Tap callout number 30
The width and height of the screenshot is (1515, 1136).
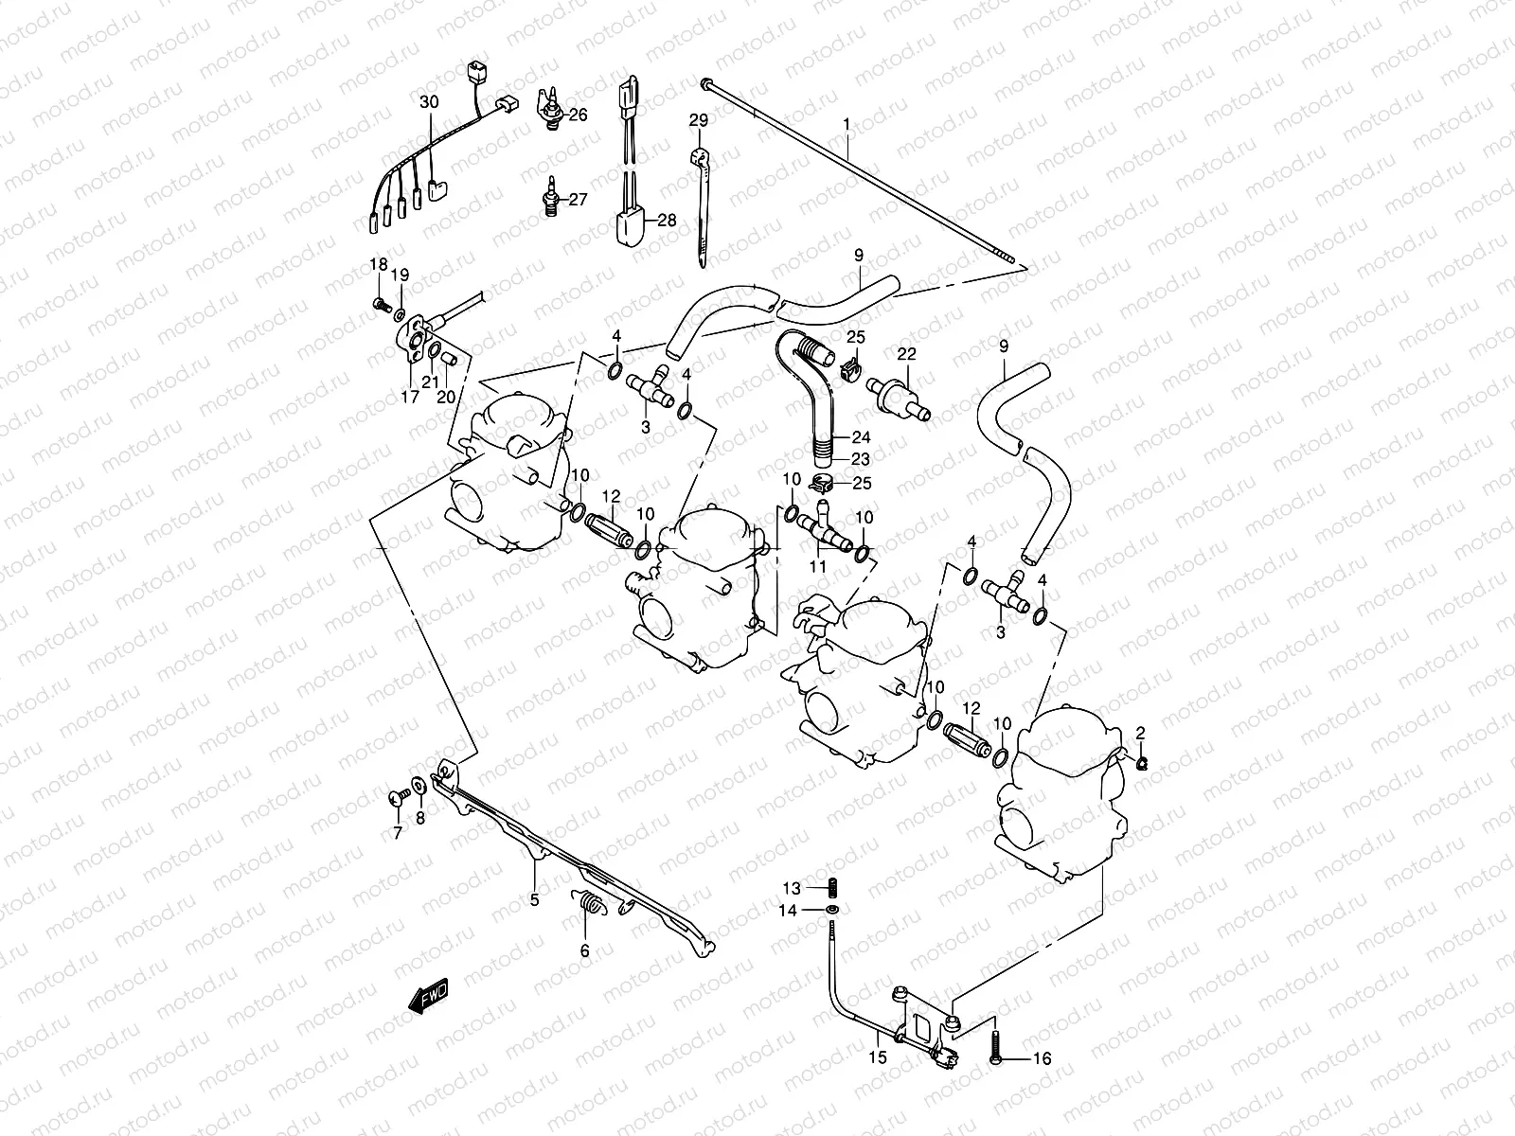430,101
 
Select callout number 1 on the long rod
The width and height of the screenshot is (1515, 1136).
847,124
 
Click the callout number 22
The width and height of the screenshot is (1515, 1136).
907,353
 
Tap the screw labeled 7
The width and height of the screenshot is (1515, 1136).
397,800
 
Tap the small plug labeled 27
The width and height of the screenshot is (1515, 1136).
550,199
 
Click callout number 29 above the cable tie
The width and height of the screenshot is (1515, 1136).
698,120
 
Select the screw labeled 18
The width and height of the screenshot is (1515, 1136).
381,305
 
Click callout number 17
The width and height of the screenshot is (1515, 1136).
409,398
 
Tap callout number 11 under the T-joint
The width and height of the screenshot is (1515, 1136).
817,566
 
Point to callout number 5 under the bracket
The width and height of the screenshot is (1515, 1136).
534,900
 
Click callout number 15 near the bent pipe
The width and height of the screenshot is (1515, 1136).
878,1056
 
